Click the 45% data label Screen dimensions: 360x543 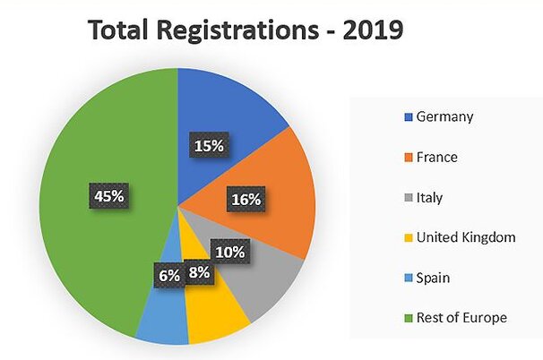point(109,194)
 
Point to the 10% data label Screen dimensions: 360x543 point(229,252)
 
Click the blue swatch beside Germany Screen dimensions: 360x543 point(409,117)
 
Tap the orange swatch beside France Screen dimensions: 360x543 point(409,158)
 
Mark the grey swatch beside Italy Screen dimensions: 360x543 point(409,198)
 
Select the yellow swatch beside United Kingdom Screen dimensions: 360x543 point(409,238)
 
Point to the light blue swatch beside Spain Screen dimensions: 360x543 point(409,279)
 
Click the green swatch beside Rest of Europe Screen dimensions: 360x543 point(409,318)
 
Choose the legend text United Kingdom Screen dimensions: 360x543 point(467,237)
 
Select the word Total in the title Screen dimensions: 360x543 point(121,30)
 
